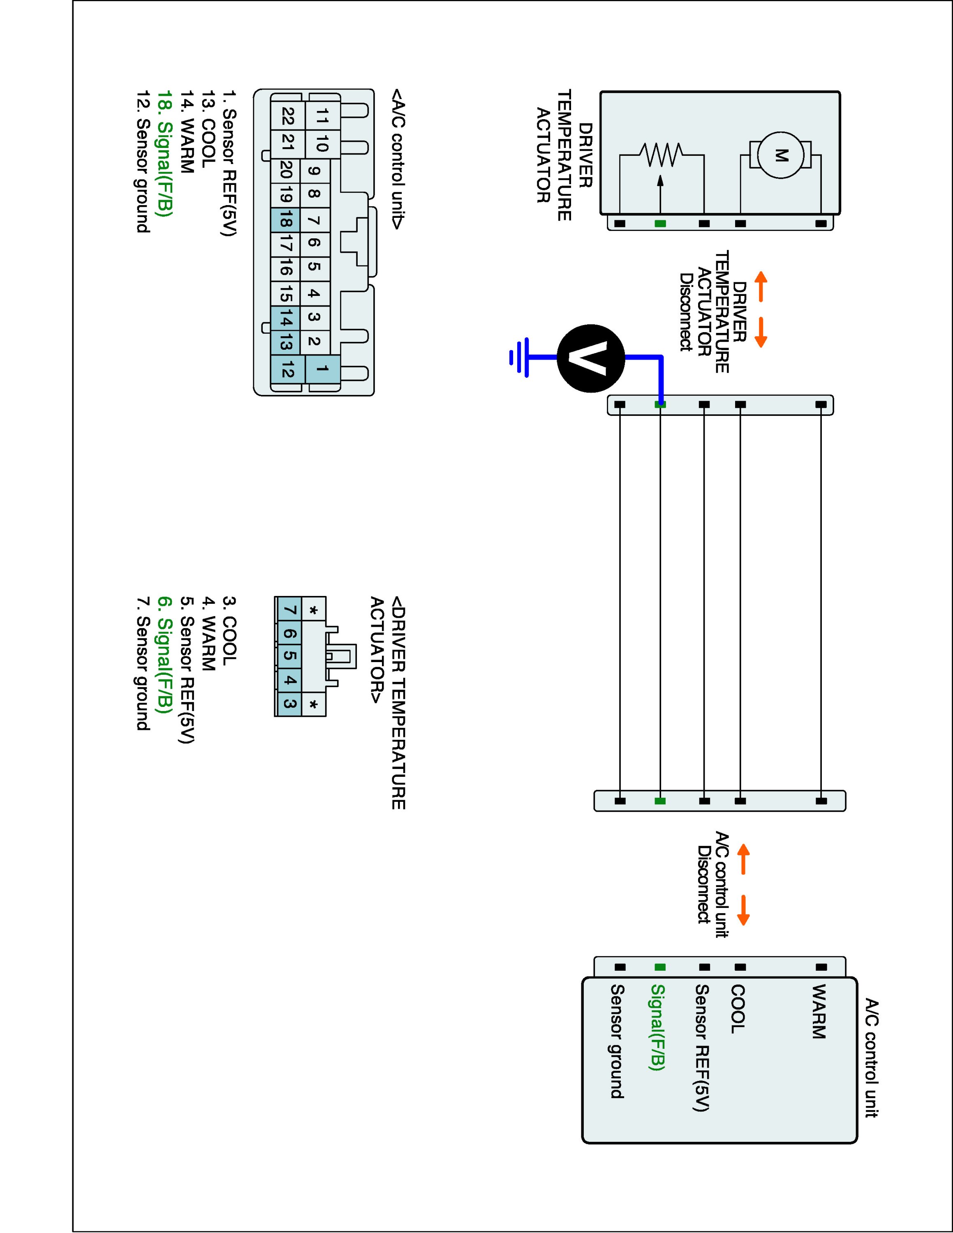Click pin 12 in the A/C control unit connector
point(287,370)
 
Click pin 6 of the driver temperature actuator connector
point(289,633)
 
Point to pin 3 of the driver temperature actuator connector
point(289,704)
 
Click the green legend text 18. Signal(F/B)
point(164,154)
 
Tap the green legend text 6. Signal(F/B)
point(164,655)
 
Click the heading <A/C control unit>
point(398,159)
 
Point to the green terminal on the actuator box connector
point(660,224)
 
